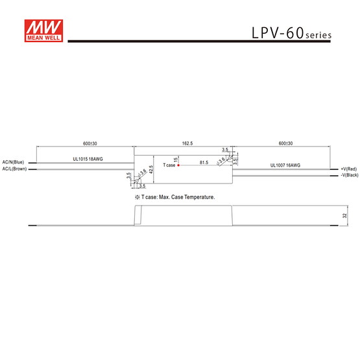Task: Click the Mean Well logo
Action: coord(43,30)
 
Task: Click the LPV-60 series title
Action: coord(292,33)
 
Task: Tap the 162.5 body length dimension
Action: coord(187,143)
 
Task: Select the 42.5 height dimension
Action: coord(151,169)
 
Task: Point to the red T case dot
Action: coord(178,165)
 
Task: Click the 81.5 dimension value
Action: coord(204,163)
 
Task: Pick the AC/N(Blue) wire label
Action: coord(13,162)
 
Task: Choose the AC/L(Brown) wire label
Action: coord(14,169)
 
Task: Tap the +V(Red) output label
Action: coord(349,169)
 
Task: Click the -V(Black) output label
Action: coord(350,175)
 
